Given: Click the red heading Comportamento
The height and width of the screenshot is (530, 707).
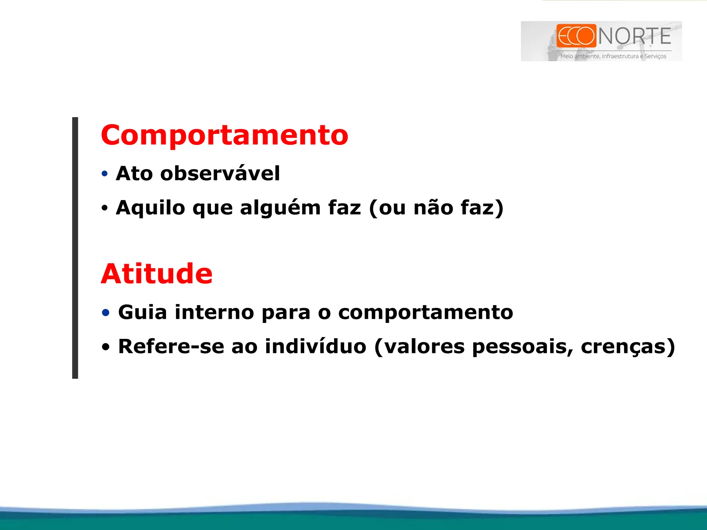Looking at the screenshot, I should pos(224,135).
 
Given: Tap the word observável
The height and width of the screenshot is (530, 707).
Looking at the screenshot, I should pos(220,173).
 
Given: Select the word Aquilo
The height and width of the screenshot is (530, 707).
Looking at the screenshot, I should pos(151,208).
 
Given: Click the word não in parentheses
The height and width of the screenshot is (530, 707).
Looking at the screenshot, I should pos(433,208).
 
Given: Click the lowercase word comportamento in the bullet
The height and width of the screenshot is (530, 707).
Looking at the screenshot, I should pos(425,313).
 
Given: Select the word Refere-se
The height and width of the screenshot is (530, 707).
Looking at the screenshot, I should pos(171,346).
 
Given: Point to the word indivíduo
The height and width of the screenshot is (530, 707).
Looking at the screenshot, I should pos(316,346).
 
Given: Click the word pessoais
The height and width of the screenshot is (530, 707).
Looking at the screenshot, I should pos(522,346).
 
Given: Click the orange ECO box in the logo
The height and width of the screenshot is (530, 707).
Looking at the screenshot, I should pos(576,36).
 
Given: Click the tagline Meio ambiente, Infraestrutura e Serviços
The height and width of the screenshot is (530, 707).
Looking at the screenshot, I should pos(613,56).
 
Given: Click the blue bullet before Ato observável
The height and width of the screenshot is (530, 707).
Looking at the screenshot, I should pos(105,174).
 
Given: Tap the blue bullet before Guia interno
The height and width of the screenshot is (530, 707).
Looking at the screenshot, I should pos(106,313).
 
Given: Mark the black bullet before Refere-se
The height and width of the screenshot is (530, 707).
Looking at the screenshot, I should pos(106,347).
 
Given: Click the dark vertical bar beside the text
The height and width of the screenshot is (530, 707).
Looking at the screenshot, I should pos(75,248).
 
